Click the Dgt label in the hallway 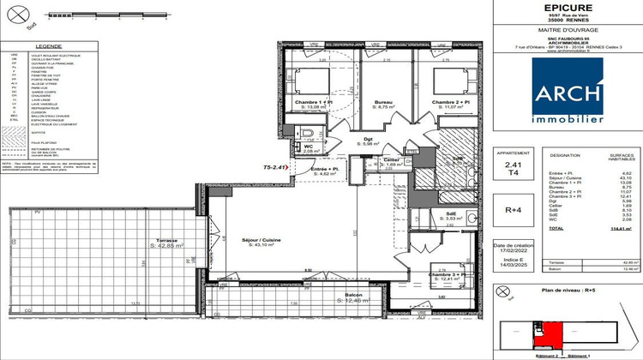(x=366, y=141)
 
